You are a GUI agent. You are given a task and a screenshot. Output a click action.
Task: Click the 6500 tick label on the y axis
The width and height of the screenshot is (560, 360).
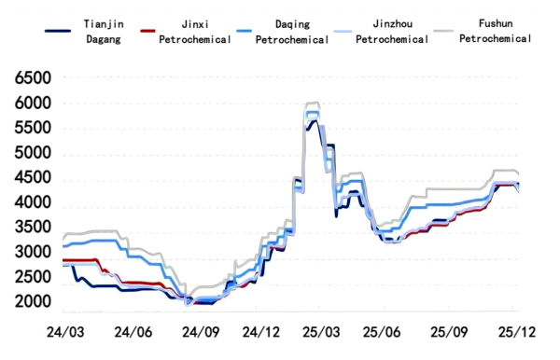pyautogui.click(x=33, y=78)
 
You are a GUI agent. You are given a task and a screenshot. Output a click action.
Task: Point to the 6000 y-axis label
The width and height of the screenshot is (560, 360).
pyautogui.click(x=33, y=104)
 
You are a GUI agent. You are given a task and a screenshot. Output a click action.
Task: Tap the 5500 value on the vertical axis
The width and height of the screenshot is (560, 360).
pyautogui.click(x=33, y=129)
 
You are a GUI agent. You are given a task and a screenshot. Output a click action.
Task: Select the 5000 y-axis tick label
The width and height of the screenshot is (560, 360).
pyautogui.click(x=33, y=154)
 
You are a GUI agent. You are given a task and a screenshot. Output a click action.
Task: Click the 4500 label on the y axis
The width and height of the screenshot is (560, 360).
pyautogui.click(x=33, y=179)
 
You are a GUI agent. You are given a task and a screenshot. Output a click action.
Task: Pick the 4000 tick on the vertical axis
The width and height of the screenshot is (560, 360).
pyautogui.click(x=33, y=203)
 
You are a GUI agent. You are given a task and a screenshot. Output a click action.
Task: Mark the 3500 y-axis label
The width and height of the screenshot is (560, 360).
pyautogui.click(x=33, y=228)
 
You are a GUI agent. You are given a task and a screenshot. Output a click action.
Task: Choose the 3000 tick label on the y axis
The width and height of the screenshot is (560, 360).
pyautogui.click(x=33, y=254)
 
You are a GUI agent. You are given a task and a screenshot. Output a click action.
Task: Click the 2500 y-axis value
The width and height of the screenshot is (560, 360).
pyautogui.click(x=33, y=278)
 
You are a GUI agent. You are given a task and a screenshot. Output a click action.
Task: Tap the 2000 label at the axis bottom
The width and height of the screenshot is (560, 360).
pyautogui.click(x=33, y=303)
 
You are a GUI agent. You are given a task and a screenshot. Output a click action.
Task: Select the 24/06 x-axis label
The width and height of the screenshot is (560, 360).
pyautogui.click(x=132, y=332)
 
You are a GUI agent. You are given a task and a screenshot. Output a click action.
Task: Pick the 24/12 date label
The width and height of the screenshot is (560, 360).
pyautogui.click(x=262, y=332)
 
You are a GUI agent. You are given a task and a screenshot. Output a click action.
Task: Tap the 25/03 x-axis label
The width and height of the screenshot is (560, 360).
pyautogui.click(x=321, y=332)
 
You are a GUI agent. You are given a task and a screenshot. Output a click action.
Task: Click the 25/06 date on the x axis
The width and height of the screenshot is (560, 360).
pyautogui.click(x=385, y=332)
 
